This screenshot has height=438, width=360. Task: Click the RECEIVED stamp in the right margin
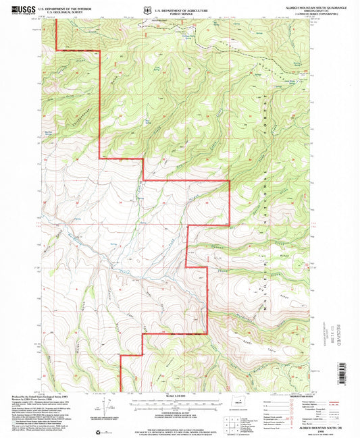(338, 330)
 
